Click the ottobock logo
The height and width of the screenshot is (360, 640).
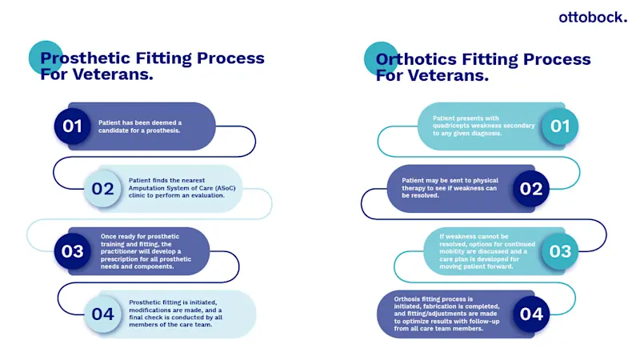pos(592,18)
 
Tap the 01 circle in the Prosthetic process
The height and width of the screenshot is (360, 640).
pos(73,126)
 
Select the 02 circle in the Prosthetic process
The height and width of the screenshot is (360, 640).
pos(102,189)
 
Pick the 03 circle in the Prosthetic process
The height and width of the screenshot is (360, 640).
pos(73,251)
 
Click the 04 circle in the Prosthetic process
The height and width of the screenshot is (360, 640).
pos(102,314)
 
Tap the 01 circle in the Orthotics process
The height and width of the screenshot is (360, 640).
pos(560,126)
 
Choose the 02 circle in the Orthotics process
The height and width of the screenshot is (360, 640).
pos(531,189)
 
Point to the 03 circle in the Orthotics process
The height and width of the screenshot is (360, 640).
pos(560,251)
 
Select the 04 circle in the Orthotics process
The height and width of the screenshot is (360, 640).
pos(531,314)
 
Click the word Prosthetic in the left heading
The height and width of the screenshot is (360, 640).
pos(84,58)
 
